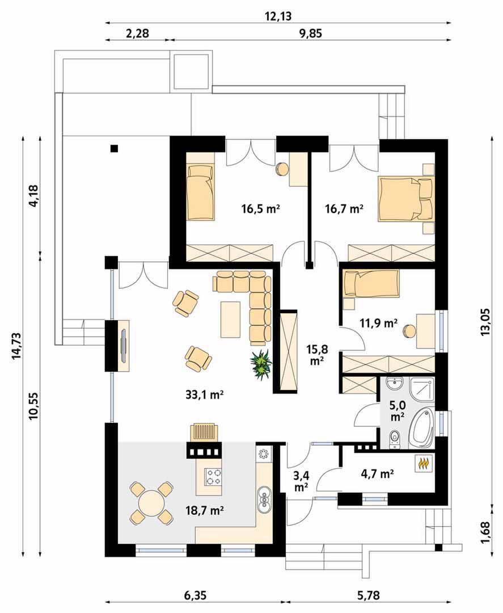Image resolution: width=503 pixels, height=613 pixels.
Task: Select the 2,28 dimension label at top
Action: tap(137, 33)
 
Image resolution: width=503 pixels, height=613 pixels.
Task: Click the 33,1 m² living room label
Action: tap(204, 395)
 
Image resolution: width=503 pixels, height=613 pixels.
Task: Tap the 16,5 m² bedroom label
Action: tap(261, 209)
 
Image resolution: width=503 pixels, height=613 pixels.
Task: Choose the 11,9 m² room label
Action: tap(378, 323)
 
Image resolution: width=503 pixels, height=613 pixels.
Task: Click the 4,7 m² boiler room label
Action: tap(377, 474)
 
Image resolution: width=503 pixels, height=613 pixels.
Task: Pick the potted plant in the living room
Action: tap(261, 364)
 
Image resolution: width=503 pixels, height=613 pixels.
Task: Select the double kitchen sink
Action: tap(264, 499)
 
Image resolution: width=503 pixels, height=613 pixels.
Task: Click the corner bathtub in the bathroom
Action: tap(422, 428)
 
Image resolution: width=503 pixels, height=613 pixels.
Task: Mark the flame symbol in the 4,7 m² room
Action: tap(424, 464)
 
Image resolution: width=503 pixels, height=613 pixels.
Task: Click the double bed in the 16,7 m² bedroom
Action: tap(405, 199)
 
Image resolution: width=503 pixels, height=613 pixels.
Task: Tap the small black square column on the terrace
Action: tap(115, 148)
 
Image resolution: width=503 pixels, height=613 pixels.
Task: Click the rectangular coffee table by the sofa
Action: tap(230, 319)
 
